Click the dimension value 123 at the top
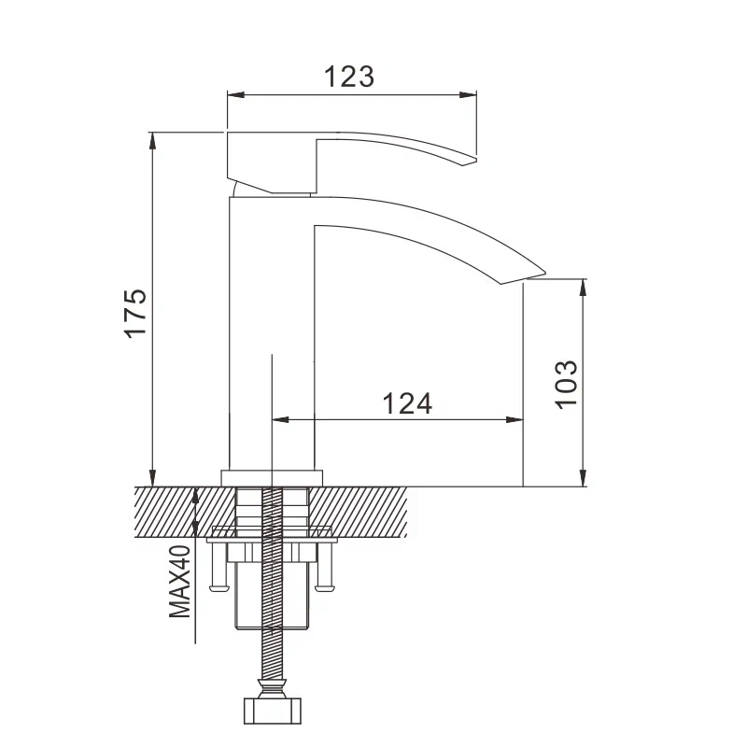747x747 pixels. click(x=349, y=76)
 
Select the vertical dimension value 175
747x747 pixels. click(x=136, y=313)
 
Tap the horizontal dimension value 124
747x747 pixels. click(x=407, y=403)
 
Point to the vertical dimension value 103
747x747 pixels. click(x=567, y=383)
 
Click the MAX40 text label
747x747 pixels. click(x=179, y=583)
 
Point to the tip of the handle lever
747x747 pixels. click(x=472, y=160)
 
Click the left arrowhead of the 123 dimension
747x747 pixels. click(x=234, y=94)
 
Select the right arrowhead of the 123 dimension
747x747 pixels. click(x=472, y=94)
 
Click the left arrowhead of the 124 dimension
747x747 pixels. click(x=278, y=420)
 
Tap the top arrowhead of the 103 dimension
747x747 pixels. click(x=585, y=285)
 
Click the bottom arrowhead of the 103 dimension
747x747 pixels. click(x=585, y=479)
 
